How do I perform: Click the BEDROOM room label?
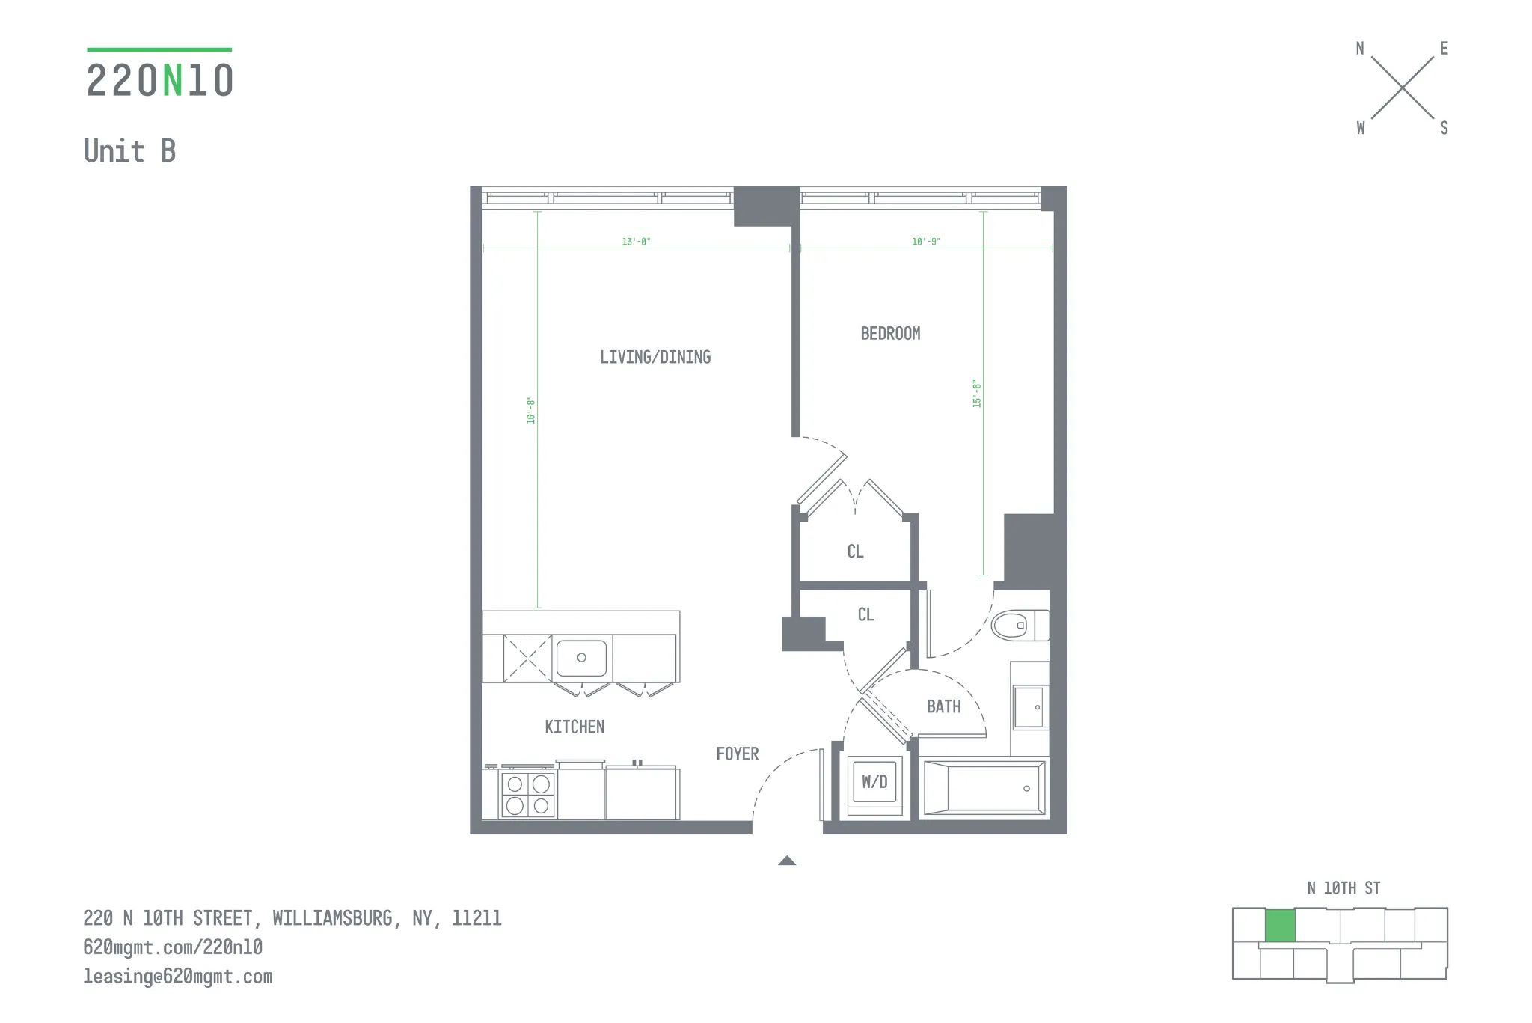point(890,334)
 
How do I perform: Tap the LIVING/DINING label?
point(655,358)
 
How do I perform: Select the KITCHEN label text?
point(574,727)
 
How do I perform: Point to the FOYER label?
point(737,754)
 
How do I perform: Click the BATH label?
point(943,706)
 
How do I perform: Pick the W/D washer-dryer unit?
point(874,782)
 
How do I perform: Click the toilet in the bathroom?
point(1017,625)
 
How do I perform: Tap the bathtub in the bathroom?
point(984,788)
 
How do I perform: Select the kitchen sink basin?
point(581,658)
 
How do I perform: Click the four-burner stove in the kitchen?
point(527,795)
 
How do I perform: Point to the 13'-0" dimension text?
point(636,242)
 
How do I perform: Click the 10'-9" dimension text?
point(925,242)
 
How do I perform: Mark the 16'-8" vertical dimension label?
point(531,410)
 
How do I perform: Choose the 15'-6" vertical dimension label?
point(976,394)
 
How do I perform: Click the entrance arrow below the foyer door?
point(787,861)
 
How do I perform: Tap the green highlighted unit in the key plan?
point(1280,926)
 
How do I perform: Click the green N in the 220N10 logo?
point(172,81)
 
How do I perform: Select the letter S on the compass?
point(1444,128)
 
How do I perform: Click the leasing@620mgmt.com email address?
point(178,977)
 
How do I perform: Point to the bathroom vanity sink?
point(1029,707)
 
